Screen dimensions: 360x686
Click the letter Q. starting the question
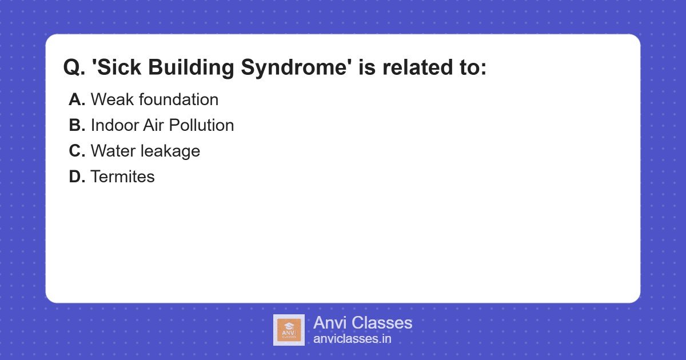tap(74, 68)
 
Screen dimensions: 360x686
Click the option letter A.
tap(77, 99)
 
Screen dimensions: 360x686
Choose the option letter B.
tap(77, 125)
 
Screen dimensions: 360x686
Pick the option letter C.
tap(77, 151)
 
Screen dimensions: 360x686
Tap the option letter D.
tap(77, 177)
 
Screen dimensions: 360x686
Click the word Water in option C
tap(113, 151)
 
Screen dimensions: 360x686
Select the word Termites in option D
tap(122, 177)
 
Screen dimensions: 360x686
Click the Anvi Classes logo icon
tap(289, 330)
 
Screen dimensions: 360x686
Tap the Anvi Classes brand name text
tap(362, 323)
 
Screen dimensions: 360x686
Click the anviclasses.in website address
tap(352, 339)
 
